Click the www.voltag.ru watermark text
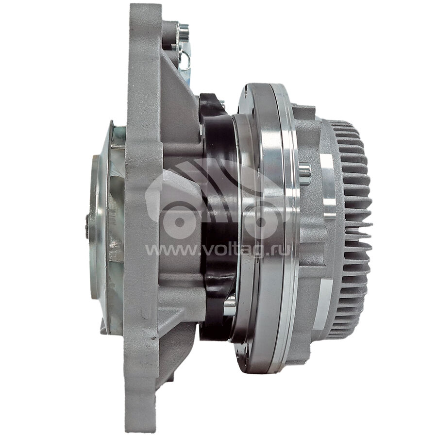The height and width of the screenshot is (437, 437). (x=218, y=250)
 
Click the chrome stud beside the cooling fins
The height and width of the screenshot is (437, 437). (x=305, y=174)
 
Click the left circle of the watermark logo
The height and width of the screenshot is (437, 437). (x=180, y=221)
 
